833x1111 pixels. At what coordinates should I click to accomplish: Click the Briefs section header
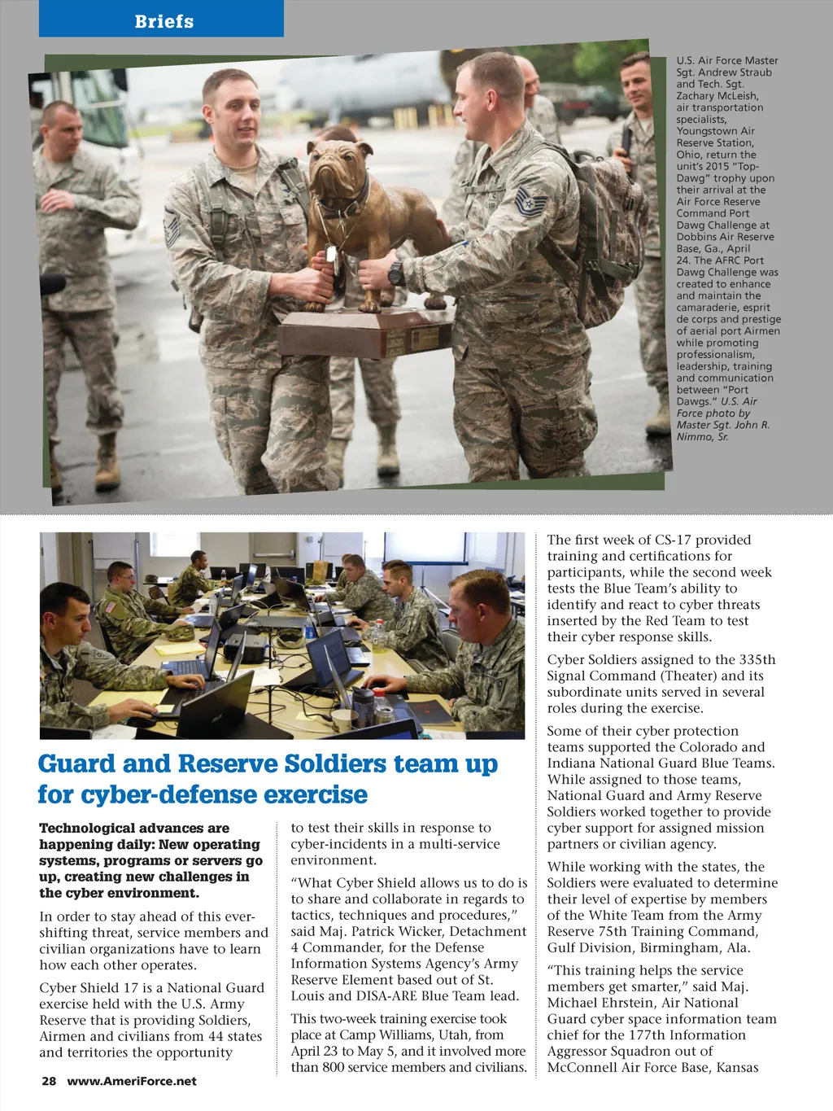(164, 21)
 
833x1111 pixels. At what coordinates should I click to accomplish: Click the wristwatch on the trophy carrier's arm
(396, 273)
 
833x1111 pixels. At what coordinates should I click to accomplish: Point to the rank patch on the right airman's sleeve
(525, 199)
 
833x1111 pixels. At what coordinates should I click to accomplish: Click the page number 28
(49, 1081)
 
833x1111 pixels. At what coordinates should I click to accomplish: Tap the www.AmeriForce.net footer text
(132, 1081)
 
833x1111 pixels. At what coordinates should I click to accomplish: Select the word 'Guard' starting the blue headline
(77, 763)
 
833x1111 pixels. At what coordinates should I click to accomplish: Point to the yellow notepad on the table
(181, 649)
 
